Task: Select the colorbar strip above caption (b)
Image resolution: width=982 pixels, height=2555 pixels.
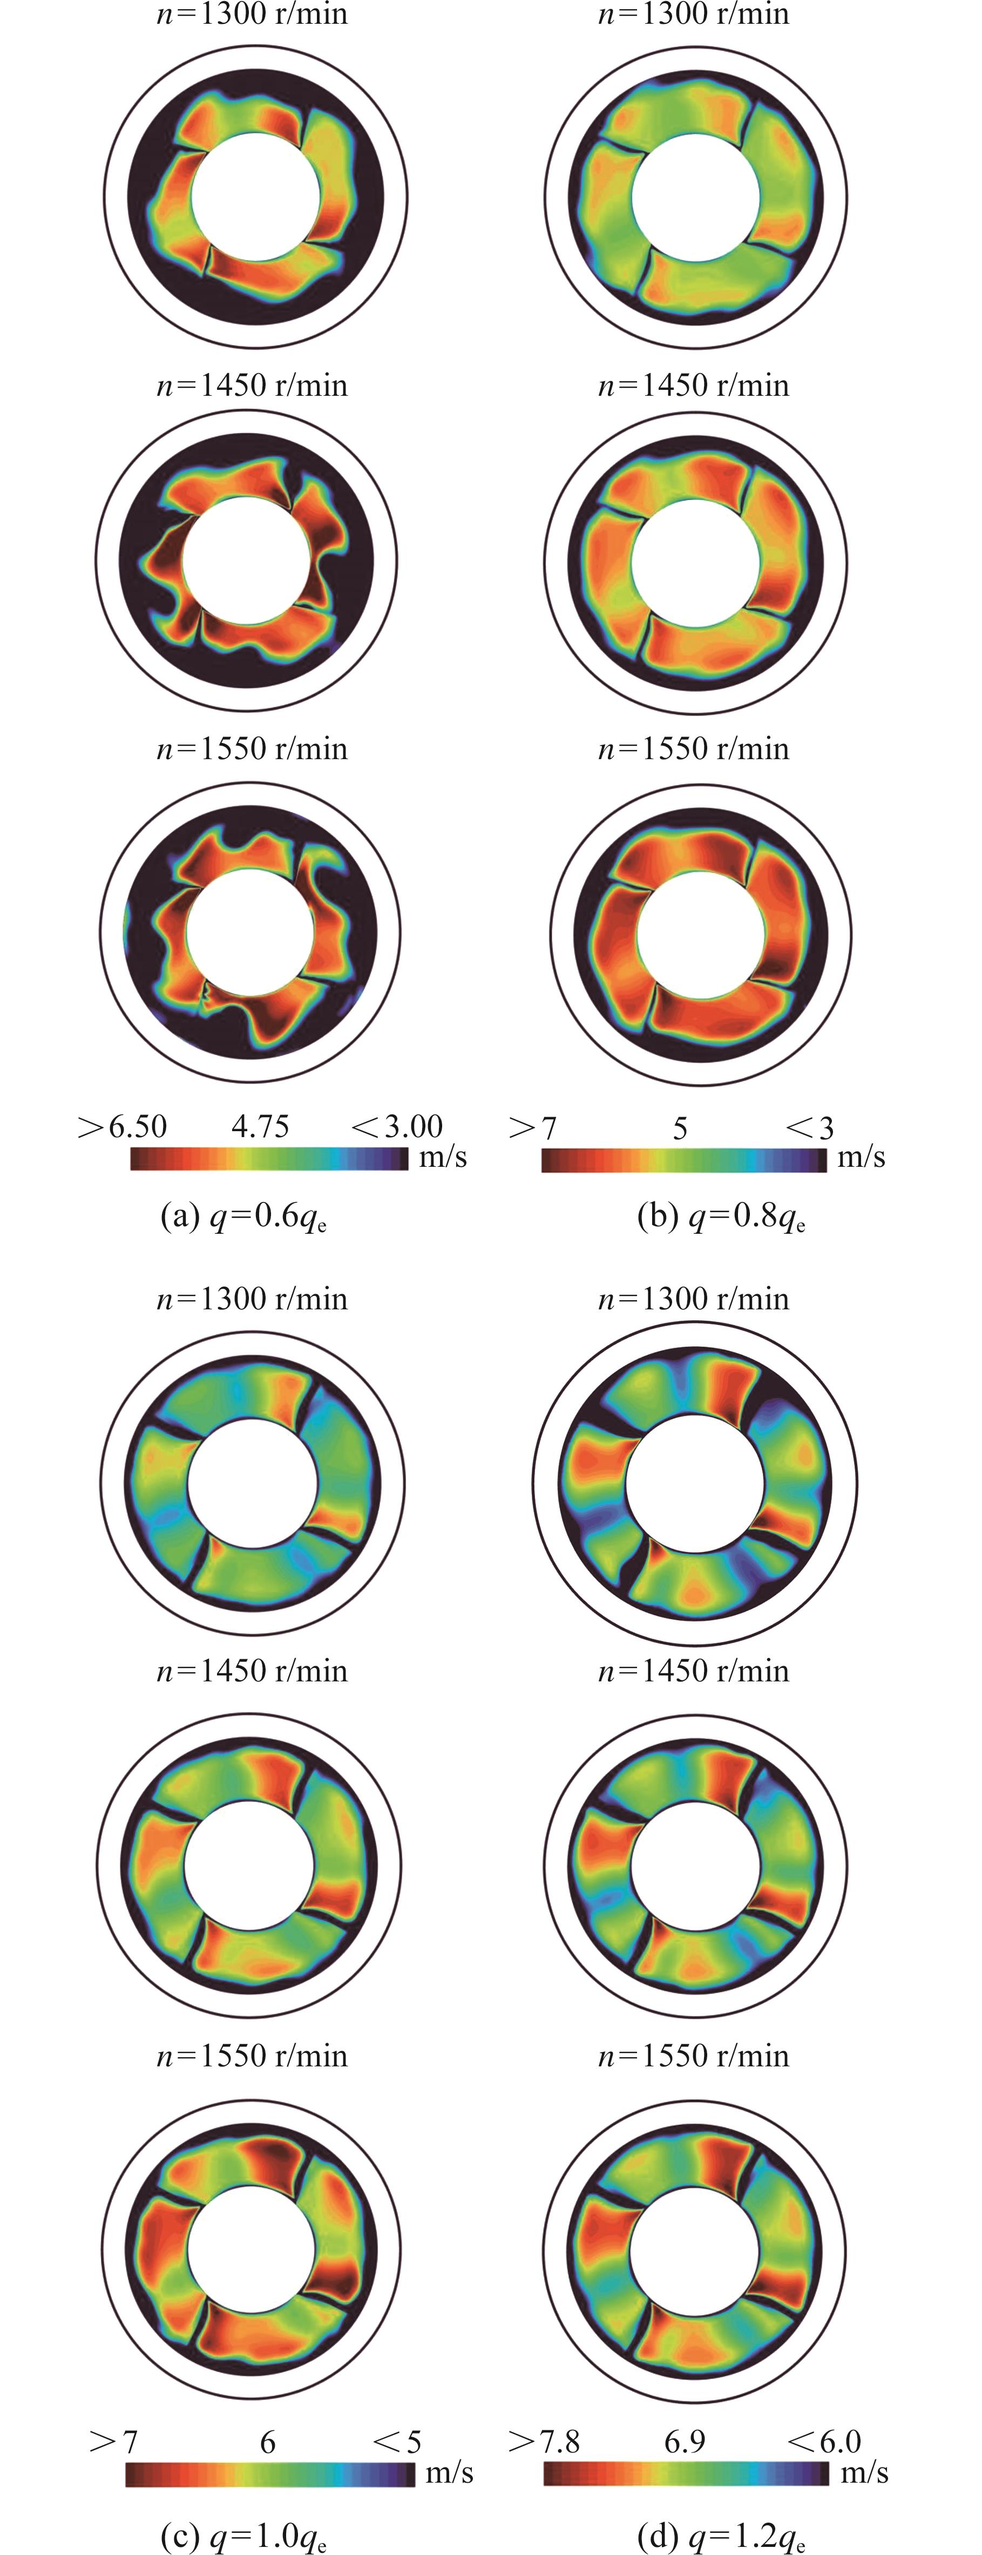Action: coord(683,1160)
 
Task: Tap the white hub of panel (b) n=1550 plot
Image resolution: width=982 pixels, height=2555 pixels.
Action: coord(700,934)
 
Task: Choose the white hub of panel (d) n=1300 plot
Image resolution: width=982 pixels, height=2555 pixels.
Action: coord(695,1484)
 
